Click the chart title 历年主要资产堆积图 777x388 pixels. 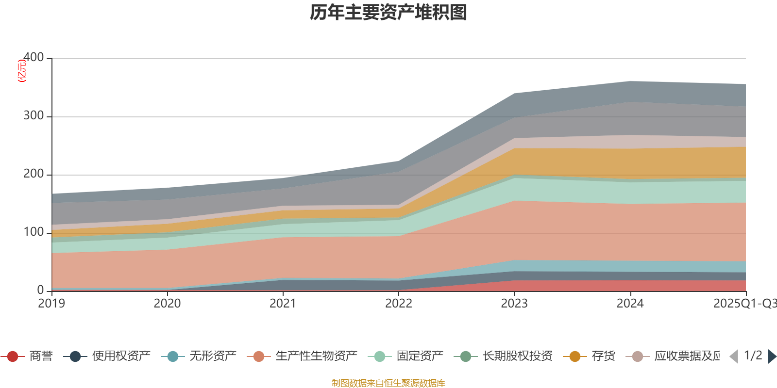pos(388,13)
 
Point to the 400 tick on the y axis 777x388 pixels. pos(34,58)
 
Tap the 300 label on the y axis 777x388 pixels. pos(34,116)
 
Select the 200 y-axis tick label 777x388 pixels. pos(34,174)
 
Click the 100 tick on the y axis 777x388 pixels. pos(34,232)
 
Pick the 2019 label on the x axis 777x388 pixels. pos(51,304)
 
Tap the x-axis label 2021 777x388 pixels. pos(283,304)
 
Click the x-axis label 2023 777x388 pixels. pos(514,304)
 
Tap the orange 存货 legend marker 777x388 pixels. pos(575,356)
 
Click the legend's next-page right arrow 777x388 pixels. pos(772,356)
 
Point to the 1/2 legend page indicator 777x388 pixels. pos(753,356)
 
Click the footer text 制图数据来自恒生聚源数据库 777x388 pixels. pos(388,383)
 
